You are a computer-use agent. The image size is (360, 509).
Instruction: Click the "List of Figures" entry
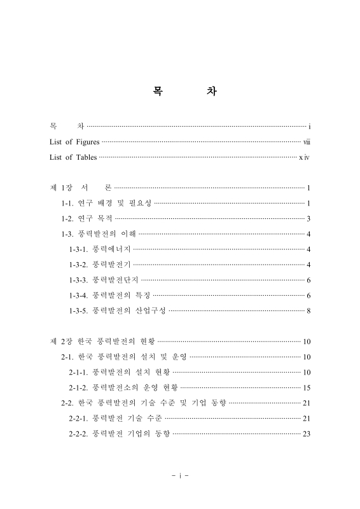pyautogui.click(x=74, y=141)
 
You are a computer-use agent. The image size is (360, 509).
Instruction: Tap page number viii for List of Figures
pyautogui.click(x=306, y=142)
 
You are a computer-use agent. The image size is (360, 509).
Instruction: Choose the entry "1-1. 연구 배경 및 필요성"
pyautogui.click(x=106, y=204)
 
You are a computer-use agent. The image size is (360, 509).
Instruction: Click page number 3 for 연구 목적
pyautogui.click(x=308, y=219)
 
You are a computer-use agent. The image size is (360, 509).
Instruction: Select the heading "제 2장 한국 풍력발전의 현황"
pyautogui.click(x=102, y=342)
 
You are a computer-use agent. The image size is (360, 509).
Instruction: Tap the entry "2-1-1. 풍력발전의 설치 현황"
pyautogui.click(x=120, y=372)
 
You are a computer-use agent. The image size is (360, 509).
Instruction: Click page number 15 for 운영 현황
pyautogui.click(x=306, y=387)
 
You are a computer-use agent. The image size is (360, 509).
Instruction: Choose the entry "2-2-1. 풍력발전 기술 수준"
pyautogui.click(x=115, y=418)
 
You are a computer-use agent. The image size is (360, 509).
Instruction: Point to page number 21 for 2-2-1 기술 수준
pyautogui.click(x=306, y=418)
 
